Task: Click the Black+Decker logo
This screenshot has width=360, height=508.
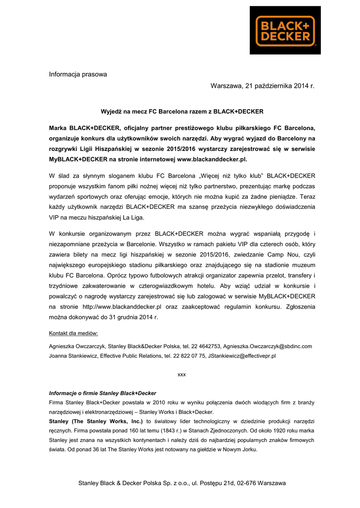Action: click(285, 30)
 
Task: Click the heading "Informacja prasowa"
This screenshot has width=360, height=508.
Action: click(78, 74)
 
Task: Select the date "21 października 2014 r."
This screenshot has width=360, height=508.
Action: click(280, 86)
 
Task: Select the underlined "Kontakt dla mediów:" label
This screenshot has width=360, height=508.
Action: click(73, 333)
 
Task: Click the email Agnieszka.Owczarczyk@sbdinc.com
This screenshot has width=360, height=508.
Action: click(267, 346)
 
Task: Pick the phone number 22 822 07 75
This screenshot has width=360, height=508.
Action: click(187, 356)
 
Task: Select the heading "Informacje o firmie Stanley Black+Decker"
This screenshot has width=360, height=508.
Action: click(102, 393)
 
